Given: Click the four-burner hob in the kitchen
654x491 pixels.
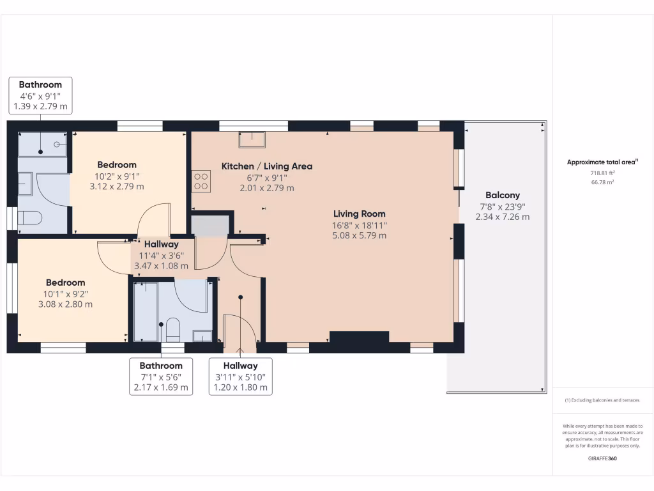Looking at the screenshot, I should click(x=201, y=181).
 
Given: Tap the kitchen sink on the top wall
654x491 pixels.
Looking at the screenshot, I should click(x=252, y=139).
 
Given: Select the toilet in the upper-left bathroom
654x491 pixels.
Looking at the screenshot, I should click(x=29, y=219).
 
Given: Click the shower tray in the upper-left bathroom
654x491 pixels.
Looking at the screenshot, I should click(x=42, y=144).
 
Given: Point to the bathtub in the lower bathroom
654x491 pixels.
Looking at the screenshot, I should click(x=145, y=312).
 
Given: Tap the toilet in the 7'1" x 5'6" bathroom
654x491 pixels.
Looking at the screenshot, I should click(x=172, y=329).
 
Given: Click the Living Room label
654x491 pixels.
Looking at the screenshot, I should click(x=359, y=214).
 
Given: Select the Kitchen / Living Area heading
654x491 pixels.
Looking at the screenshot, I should click(x=266, y=166).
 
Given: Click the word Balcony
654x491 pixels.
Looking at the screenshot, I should click(x=502, y=195).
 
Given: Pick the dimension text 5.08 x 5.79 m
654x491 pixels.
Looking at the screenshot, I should click(x=359, y=235).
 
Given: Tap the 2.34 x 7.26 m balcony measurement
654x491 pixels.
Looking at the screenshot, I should click(x=502, y=217).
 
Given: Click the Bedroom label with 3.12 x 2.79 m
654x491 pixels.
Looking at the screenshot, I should click(x=116, y=164).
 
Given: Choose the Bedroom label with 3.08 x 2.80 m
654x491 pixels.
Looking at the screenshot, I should click(x=65, y=283).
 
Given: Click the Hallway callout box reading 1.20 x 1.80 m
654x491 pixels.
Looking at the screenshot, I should click(x=240, y=377).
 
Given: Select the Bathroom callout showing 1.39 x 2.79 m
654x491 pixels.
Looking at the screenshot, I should click(x=40, y=95).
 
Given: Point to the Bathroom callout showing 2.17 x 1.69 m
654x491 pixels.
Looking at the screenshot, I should click(x=161, y=377).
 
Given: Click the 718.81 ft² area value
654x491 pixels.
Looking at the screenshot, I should click(x=603, y=173).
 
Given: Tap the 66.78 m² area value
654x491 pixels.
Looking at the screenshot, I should click(x=603, y=182).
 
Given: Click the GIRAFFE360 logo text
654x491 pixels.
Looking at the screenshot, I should click(x=602, y=458).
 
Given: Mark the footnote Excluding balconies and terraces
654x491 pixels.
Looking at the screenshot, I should click(x=602, y=400).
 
